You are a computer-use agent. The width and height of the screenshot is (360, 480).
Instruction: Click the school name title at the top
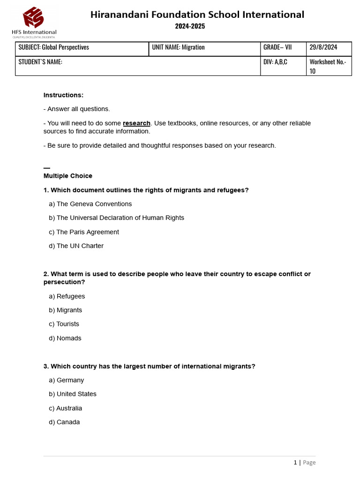(x=197, y=15)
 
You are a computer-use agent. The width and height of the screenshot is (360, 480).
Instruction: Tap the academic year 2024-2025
(x=190, y=27)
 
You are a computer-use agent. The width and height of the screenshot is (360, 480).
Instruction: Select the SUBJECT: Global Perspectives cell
(x=53, y=47)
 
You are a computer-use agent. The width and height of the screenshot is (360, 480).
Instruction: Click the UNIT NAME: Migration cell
(x=178, y=47)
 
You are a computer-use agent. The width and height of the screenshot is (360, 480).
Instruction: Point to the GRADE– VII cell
(x=277, y=47)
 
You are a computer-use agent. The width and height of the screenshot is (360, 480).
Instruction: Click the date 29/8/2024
(x=323, y=47)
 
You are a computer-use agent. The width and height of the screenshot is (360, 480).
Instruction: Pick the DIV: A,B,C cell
(x=275, y=62)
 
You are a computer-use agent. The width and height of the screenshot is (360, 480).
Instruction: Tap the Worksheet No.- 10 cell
(x=328, y=66)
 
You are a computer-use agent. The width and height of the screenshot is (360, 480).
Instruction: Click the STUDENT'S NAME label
(x=40, y=62)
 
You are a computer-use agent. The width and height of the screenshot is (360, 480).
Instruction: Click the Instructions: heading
(x=63, y=95)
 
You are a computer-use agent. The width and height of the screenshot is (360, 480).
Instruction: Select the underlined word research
(x=136, y=123)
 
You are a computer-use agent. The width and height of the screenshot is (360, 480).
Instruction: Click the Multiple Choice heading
(x=68, y=176)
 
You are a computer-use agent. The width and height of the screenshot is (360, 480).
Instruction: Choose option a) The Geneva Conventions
(x=90, y=204)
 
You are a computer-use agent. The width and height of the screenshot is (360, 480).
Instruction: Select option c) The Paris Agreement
(x=84, y=232)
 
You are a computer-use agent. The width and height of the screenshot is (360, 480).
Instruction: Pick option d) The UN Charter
(x=76, y=246)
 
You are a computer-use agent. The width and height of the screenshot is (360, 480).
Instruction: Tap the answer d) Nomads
(x=65, y=338)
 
